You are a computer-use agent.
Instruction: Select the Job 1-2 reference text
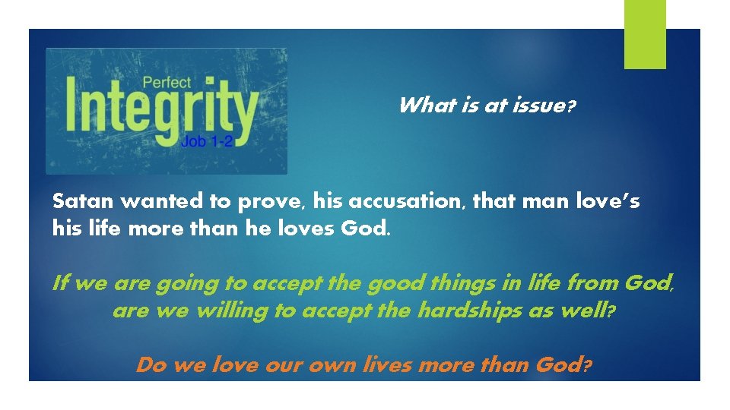[207, 141]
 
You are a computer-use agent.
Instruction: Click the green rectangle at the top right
[645, 33]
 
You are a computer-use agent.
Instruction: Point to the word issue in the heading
[535, 106]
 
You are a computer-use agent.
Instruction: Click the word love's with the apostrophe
[608, 202]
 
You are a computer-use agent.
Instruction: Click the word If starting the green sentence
[60, 284]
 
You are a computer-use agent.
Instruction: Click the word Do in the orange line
[151, 365]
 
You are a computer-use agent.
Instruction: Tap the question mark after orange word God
[586, 366]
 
